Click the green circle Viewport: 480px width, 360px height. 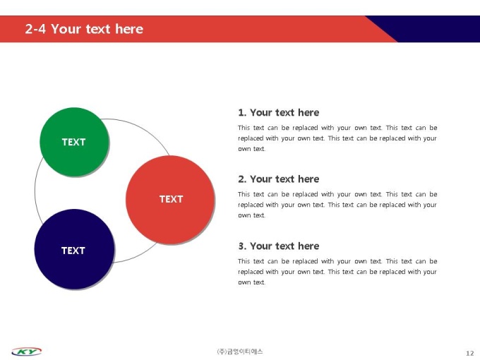pyautogui.click(x=74, y=142)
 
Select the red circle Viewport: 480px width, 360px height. pyautogui.click(x=170, y=200)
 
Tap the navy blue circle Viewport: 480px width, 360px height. pyautogui.click(x=74, y=249)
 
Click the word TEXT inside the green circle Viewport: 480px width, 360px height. pyautogui.click(x=74, y=142)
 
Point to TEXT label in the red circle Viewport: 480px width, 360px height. pyautogui.click(x=171, y=199)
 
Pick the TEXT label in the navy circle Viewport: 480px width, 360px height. pyautogui.click(x=73, y=251)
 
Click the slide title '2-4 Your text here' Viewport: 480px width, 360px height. pyautogui.click(x=84, y=29)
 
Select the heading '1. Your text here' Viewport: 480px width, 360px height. pyautogui.click(x=279, y=113)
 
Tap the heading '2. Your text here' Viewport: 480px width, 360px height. pyautogui.click(x=279, y=179)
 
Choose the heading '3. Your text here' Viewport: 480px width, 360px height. pyautogui.click(x=279, y=246)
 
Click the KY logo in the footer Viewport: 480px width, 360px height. pyautogui.click(x=27, y=352)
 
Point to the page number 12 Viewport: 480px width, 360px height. pyautogui.click(x=470, y=353)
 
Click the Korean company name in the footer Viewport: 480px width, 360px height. pyautogui.click(x=240, y=352)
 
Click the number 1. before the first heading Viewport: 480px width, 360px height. pyautogui.click(x=242, y=113)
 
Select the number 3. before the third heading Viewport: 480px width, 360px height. pyautogui.click(x=242, y=246)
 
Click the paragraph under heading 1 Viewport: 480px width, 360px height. pyautogui.click(x=337, y=138)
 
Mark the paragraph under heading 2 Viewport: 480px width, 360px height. pyautogui.click(x=337, y=205)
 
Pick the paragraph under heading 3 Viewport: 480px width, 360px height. pyautogui.click(x=337, y=272)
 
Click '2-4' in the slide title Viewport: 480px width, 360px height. pyautogui.click(x=35, y=29)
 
